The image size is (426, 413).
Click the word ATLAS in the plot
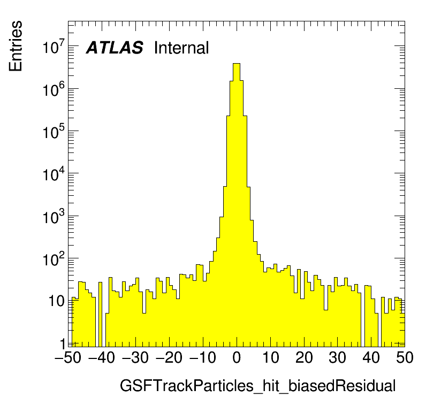(x=115, y=48)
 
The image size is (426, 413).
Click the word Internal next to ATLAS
(x=181, y=48)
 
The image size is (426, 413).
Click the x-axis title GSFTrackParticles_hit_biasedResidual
(x=257, y=386)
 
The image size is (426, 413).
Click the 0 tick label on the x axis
(x=237, y=358)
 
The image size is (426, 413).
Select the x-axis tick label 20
(x=304, y=358)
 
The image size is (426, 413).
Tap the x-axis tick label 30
(x=338, y=358)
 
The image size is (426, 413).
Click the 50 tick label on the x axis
(x=405, y=358)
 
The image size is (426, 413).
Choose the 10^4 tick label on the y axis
(x=54, y=175)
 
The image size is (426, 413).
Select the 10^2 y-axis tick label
(x=54, y=259)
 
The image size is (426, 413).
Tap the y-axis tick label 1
(x=62, y=343)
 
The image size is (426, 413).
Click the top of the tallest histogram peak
(x=237, y=64)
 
